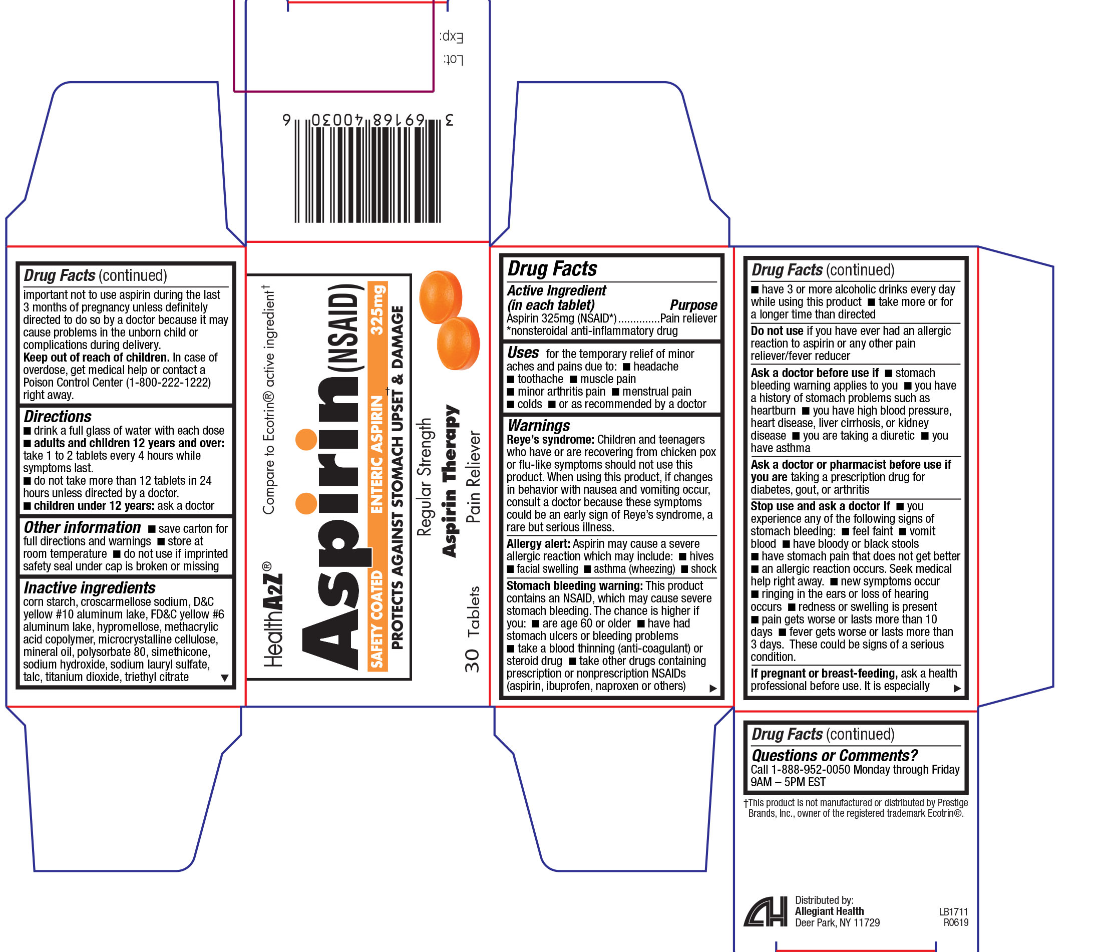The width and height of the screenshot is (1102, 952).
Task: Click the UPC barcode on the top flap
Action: pyautogui.click(x=368, y=169)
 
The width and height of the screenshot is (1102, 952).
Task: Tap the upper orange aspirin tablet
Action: pyautogui.click(x=441, y=297)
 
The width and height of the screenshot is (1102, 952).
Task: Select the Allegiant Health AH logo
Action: pyautogui.click(x=766, y=911)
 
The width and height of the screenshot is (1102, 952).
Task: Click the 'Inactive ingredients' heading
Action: pyautogui.click(x=89, y=588)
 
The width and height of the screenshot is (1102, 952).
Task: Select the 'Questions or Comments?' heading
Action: pyautogui.click(x=835, y=755)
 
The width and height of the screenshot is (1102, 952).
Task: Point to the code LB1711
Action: pyautogui.click(x=953, y=911)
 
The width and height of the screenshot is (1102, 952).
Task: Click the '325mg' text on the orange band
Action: pyautogui.click(x=377, y=310)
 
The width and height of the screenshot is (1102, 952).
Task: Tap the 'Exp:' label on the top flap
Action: pyautogui.click(x=452, y=37)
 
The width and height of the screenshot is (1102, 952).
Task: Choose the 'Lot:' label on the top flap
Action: pyautogui.click(x=454, y=60)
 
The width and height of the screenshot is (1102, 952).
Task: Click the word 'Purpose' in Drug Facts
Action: pyautogui.click(x=693, y=305)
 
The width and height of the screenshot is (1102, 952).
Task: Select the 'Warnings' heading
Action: pyautogui.click(x=538, y=426)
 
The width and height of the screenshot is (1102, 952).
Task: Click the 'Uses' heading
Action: pyautogui.click(x=523, y=353)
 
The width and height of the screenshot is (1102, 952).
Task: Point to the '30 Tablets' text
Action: pyautogui.click(x=472, y=629)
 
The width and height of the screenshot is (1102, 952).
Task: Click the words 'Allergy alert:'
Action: pyautogui.click(x=538, y=543)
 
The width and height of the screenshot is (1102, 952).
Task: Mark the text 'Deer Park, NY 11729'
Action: pyautogui.click(x=837, y=923)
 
